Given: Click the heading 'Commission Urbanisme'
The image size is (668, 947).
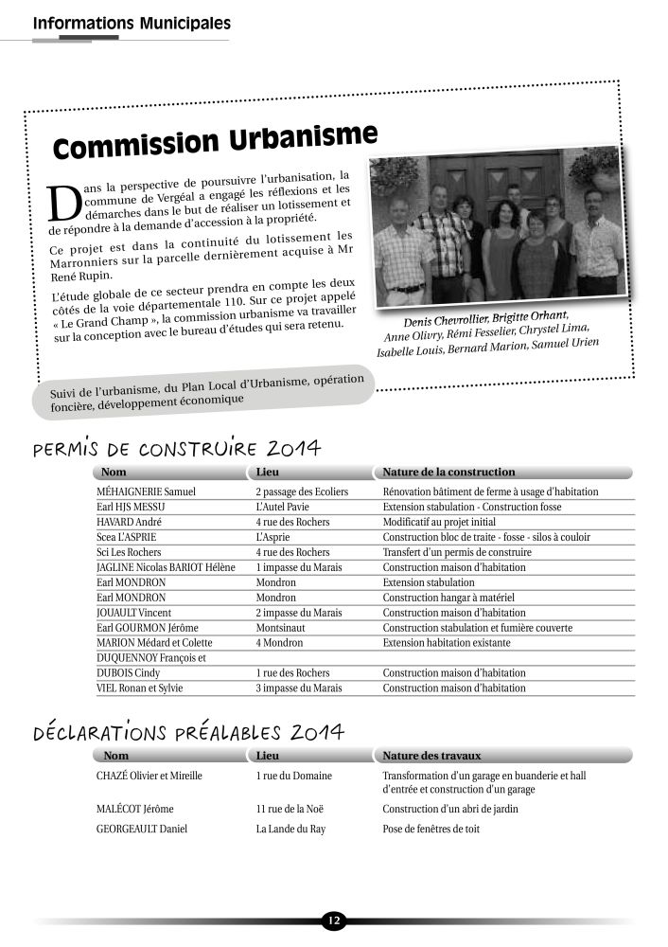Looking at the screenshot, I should [216, 140].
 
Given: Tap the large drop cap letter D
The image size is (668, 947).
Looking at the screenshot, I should [63, 202].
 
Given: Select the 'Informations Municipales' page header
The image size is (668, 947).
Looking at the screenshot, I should [132, 22].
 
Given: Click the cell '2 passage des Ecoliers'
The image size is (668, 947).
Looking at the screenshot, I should [302, 492].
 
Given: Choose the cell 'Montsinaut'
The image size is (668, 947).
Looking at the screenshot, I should [282, 628].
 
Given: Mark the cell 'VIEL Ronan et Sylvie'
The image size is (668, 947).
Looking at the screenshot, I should [140, 688].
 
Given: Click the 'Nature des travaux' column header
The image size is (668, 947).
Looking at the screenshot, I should [432, 756].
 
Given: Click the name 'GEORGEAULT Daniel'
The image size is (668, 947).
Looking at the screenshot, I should [142, 830].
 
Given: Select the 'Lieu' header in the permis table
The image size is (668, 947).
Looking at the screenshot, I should [269, 472].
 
